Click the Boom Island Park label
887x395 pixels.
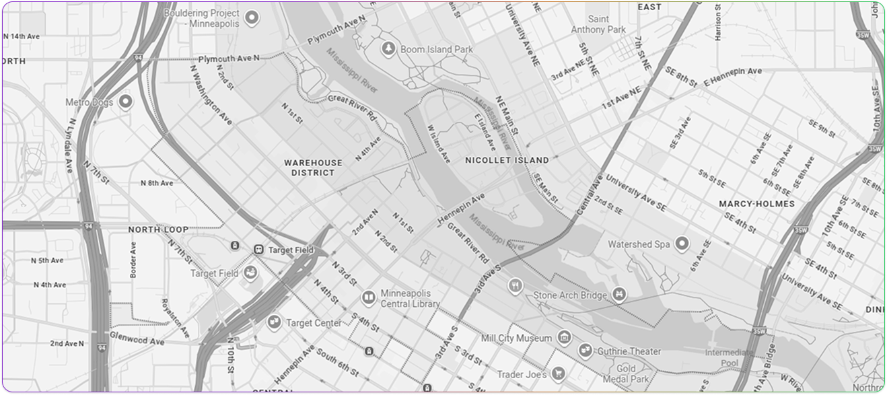pyautogui.click(x=436, y=49)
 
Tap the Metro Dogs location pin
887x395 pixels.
pyautogui.click(x=125, y=102)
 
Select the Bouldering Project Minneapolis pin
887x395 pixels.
pyautogui.click(x=252, y=17)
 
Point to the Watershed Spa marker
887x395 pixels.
pyautogui.click(x=682, y=243)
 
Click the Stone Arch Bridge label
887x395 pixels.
pyautogui.click(x=571, y=295)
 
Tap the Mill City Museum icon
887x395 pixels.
pyautogui.click(x=565, y=337)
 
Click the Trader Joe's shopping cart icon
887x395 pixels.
pyautogui.click(x=557, y=373)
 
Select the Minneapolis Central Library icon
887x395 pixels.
pyautogui.click(x=368, y=297)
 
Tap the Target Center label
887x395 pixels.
pyautogui.click(x=314, y=323)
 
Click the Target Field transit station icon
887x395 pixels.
pyautogui.click(x=258, y=250)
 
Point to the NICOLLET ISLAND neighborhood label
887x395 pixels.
pyautogui.click(x=507, y=160)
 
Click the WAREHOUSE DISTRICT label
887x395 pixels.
pyautogui.click(x=313, y=168)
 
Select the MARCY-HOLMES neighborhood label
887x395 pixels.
pyautogui.click(x=756, y=203)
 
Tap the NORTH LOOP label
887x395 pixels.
pyautogui.click(x=158, y=229)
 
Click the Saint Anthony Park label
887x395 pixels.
pyautogui.click(x=598, y=24)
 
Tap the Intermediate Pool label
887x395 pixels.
pyautogui.click(x=730, y=357)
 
